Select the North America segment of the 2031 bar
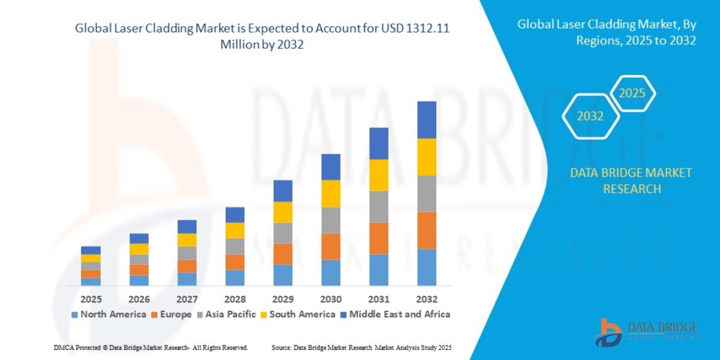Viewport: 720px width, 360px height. pos(379,269)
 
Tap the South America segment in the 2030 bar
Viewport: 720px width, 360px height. pos(331,193)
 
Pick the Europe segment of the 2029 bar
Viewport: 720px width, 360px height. pos(283,254)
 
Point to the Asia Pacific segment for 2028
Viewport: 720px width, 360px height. pos(235,246)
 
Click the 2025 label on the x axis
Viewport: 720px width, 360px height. pos(91,299)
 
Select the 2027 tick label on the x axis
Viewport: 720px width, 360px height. pos(187,299)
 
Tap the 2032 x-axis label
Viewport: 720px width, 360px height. pos(427,299)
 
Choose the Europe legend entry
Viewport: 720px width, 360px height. pos(173,314)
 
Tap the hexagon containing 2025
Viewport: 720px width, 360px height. pos(631,94)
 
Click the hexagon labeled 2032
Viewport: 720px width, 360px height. pos(590,116)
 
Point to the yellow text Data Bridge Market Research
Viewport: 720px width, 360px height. pos(631,181)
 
